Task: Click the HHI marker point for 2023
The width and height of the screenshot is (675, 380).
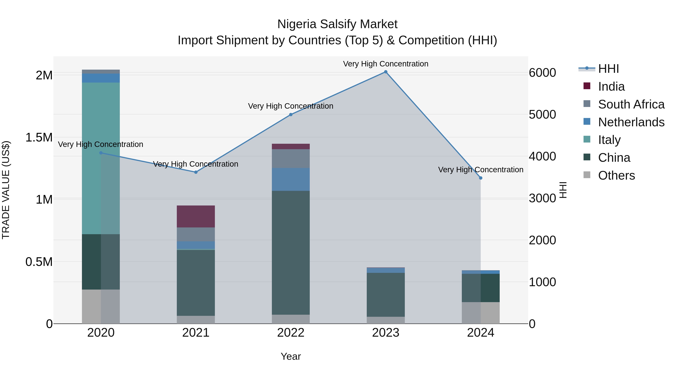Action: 385,72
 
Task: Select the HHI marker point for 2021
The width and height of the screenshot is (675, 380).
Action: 196,172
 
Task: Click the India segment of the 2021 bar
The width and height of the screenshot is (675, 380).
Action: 196,216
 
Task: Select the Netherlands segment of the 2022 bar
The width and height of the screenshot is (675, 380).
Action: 291,179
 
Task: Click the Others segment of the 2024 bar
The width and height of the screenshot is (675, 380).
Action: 481,313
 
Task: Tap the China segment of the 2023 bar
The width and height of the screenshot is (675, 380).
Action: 385,295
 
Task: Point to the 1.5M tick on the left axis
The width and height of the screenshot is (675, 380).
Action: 39,137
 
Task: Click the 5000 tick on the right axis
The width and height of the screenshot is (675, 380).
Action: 542,115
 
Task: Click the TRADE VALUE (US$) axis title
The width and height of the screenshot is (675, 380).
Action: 6,190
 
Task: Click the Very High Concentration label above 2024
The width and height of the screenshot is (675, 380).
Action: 481,170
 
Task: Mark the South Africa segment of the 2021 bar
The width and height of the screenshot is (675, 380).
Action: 196,234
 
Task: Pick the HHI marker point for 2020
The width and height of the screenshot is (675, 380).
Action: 101,153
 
